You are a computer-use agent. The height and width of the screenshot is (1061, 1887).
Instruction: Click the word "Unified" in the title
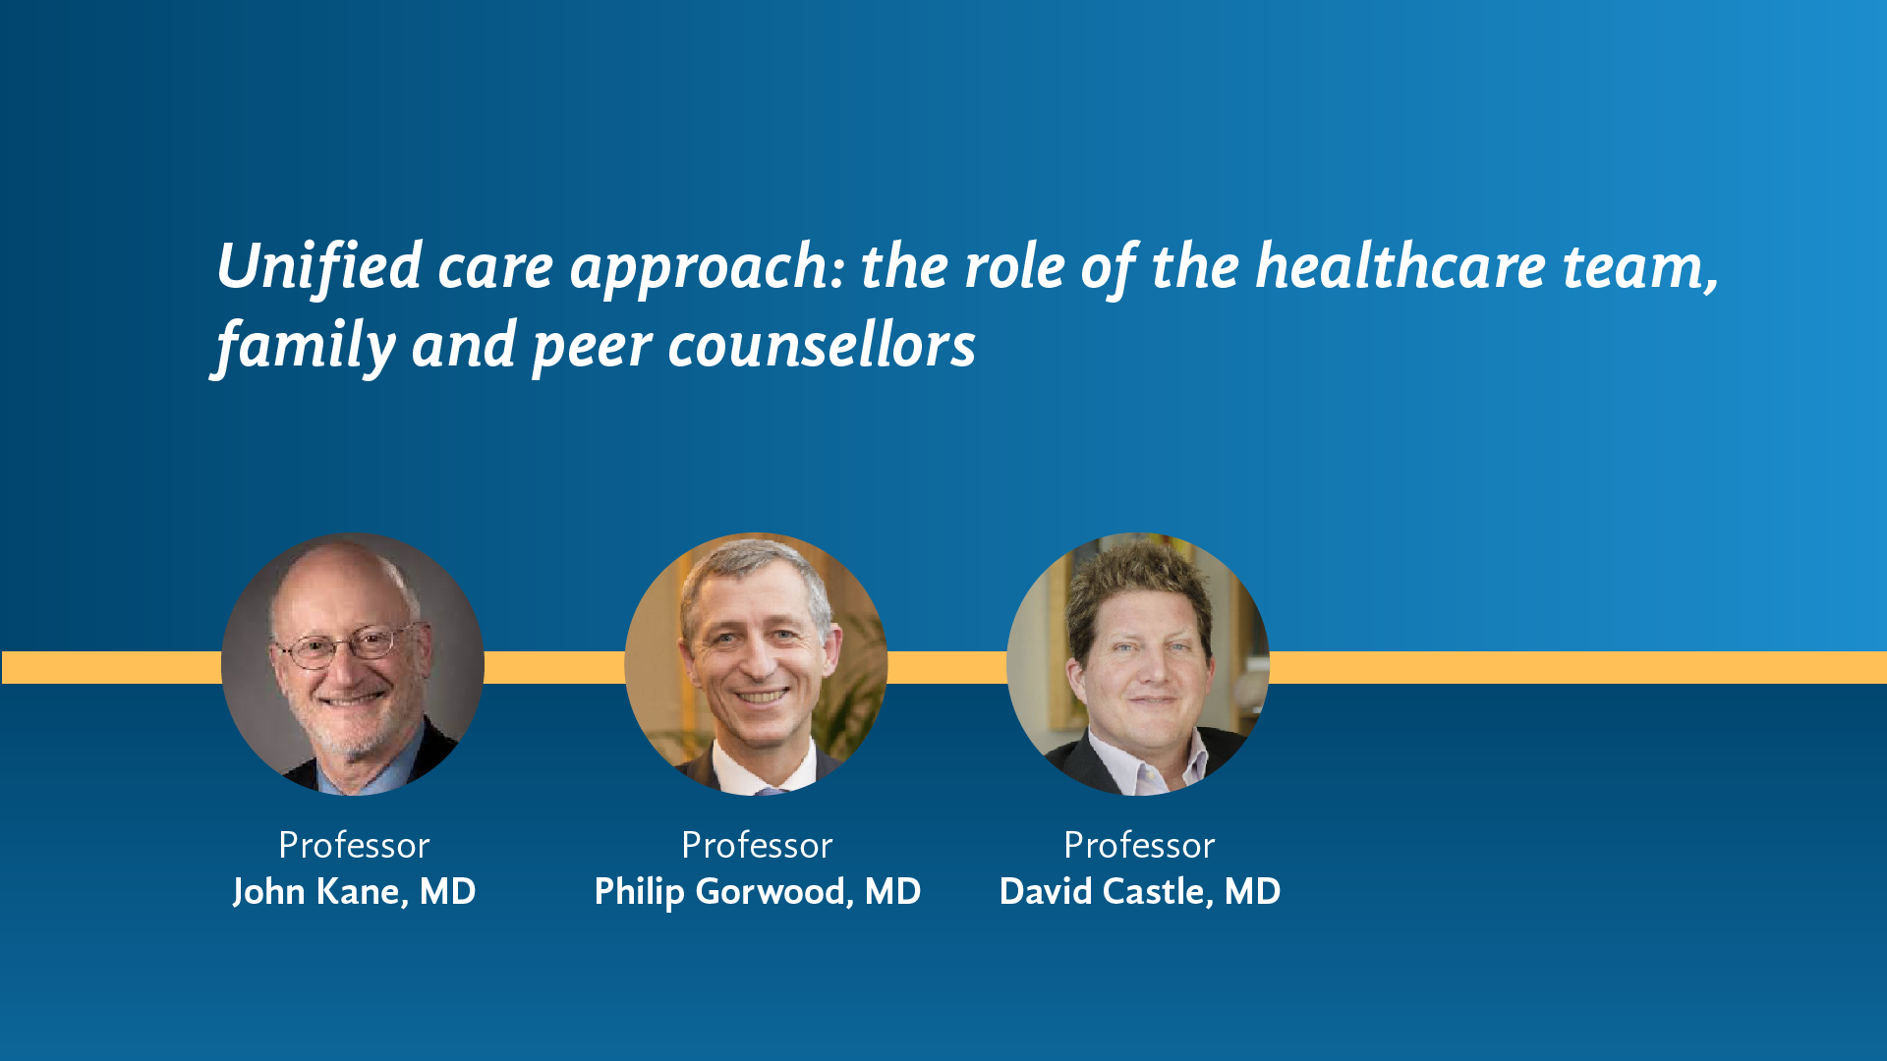tap(319, 266)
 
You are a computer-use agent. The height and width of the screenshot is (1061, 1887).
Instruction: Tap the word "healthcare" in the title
tap(1401, 266)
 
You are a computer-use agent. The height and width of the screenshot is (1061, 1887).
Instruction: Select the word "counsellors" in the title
tap(822, 346)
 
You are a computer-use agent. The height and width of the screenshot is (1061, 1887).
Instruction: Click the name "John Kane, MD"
tap(354, 892)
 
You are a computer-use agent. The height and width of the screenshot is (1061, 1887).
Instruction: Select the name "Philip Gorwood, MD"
tap(758, 892)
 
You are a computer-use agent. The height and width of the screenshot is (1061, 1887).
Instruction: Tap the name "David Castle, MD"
tap(1140, 892)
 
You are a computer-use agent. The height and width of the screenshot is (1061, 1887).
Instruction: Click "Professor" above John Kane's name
tap(354, 845)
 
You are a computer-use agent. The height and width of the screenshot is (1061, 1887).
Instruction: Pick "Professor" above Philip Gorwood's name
tap(757, 845)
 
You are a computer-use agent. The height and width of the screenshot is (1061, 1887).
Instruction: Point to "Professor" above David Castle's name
tap(1139, 845)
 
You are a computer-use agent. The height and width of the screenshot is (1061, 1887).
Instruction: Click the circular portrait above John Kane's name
tap(353, 664)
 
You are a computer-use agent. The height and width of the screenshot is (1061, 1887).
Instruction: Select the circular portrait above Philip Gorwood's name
tap(756, 664)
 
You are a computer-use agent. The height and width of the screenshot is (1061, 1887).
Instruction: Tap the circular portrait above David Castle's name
tap(1138, 664)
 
